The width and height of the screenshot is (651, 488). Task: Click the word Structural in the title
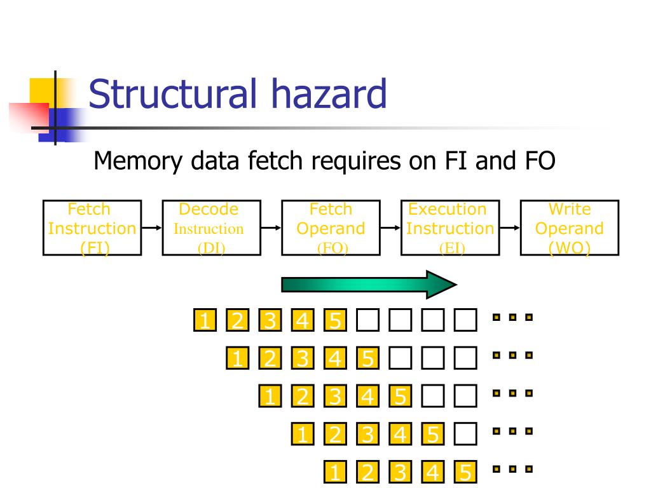(x=172, y=93)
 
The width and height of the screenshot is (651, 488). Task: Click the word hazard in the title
(x=329, y=93)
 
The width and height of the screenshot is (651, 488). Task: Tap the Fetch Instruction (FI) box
(x=92, y=228)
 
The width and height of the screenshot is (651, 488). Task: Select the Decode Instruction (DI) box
(x=211, y=228)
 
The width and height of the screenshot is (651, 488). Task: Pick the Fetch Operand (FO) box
(x=331, y=228)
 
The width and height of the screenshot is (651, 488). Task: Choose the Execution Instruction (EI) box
(x=450, y=228)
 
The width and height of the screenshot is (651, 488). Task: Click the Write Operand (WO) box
(x=570, y=228)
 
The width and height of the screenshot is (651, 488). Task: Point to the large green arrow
(x=369, y=285)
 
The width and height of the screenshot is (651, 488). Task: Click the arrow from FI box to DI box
(x=152, y=228)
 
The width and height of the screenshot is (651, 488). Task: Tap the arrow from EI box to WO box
(x=510, y=228)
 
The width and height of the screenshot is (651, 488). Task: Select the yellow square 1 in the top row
(x=205, y=320)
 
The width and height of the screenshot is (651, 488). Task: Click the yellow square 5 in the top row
(x=336, y=320)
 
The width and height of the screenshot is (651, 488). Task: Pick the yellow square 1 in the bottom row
(x=336, y=472)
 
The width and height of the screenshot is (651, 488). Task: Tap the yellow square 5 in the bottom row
(x=465, y=472)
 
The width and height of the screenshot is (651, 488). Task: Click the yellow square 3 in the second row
(x=303, y=358)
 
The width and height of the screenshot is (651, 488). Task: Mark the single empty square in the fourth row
(x=465, y=434)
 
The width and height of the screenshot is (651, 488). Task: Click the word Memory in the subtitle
(x=138, y=161)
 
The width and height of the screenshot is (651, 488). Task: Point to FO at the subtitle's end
(x=540, y=161)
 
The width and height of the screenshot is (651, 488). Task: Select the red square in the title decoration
(x=29, y=117)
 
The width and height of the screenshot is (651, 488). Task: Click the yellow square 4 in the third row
(x=368, y=396)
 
